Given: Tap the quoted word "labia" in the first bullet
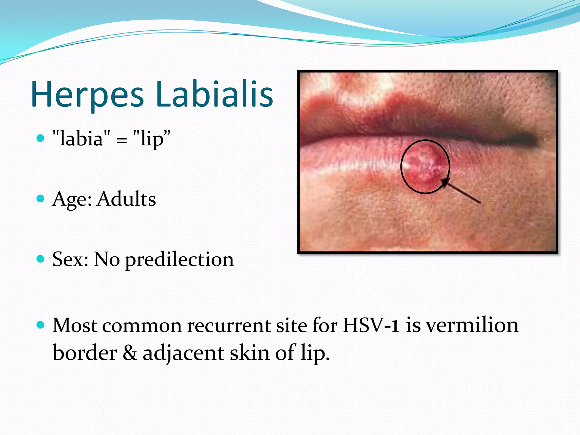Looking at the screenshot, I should [x=82, y=139].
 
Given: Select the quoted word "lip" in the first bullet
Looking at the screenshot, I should [x=152, y=139].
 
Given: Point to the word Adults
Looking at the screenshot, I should [x=126, y=199].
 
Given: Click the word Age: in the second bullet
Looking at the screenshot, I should [x=72, y=199].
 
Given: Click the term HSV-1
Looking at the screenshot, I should [x=371, y=325].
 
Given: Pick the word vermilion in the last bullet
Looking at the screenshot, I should [x=472, y=325].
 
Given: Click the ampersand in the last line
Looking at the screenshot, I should [x=130, y=353].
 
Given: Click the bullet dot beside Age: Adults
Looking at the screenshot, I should [x=41, y=199].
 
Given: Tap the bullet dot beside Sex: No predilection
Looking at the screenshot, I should [x=41, y=259].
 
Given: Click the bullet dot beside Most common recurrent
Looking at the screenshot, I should [x=41, y=325].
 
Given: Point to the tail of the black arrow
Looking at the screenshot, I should [x=480, y=202].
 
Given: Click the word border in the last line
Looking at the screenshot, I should [x=85, y=353].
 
